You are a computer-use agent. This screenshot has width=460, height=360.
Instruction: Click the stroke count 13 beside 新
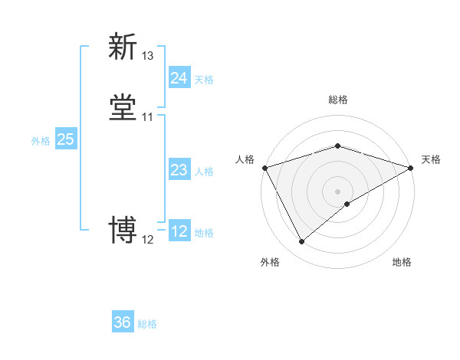(x=148, y=56)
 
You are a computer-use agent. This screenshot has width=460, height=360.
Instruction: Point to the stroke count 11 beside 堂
(x=148, y=117)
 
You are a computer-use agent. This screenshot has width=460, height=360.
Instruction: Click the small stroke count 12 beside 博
(x=148, y=240)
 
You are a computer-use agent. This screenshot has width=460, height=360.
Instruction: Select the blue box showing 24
(x=179, y=78)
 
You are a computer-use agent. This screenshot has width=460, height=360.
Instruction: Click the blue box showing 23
(x=179, y=170)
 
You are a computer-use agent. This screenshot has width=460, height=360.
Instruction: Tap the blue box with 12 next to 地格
(x=179, y=231)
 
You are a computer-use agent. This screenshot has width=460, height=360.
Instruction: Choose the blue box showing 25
(x=66, y=139)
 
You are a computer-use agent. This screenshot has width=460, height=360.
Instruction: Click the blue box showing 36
(x=123, y=322)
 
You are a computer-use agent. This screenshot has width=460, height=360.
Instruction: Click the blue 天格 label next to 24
(x=204, y=80)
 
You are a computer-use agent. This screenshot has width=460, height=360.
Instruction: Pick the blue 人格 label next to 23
(x=204, y=172)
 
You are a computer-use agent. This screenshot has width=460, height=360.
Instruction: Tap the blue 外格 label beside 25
(x=41, y=141)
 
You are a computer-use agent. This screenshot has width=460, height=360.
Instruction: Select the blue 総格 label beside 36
(x=147, y=324)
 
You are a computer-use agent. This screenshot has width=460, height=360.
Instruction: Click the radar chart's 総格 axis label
(x=338, y=100)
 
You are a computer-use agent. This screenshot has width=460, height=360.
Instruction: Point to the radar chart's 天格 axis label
(x=432, y=159)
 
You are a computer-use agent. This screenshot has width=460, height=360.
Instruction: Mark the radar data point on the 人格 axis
(x=265, y=168)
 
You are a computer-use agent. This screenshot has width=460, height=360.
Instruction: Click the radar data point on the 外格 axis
(x=301, y=242)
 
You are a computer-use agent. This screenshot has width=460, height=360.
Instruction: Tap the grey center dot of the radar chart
(x=338, y=191)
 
